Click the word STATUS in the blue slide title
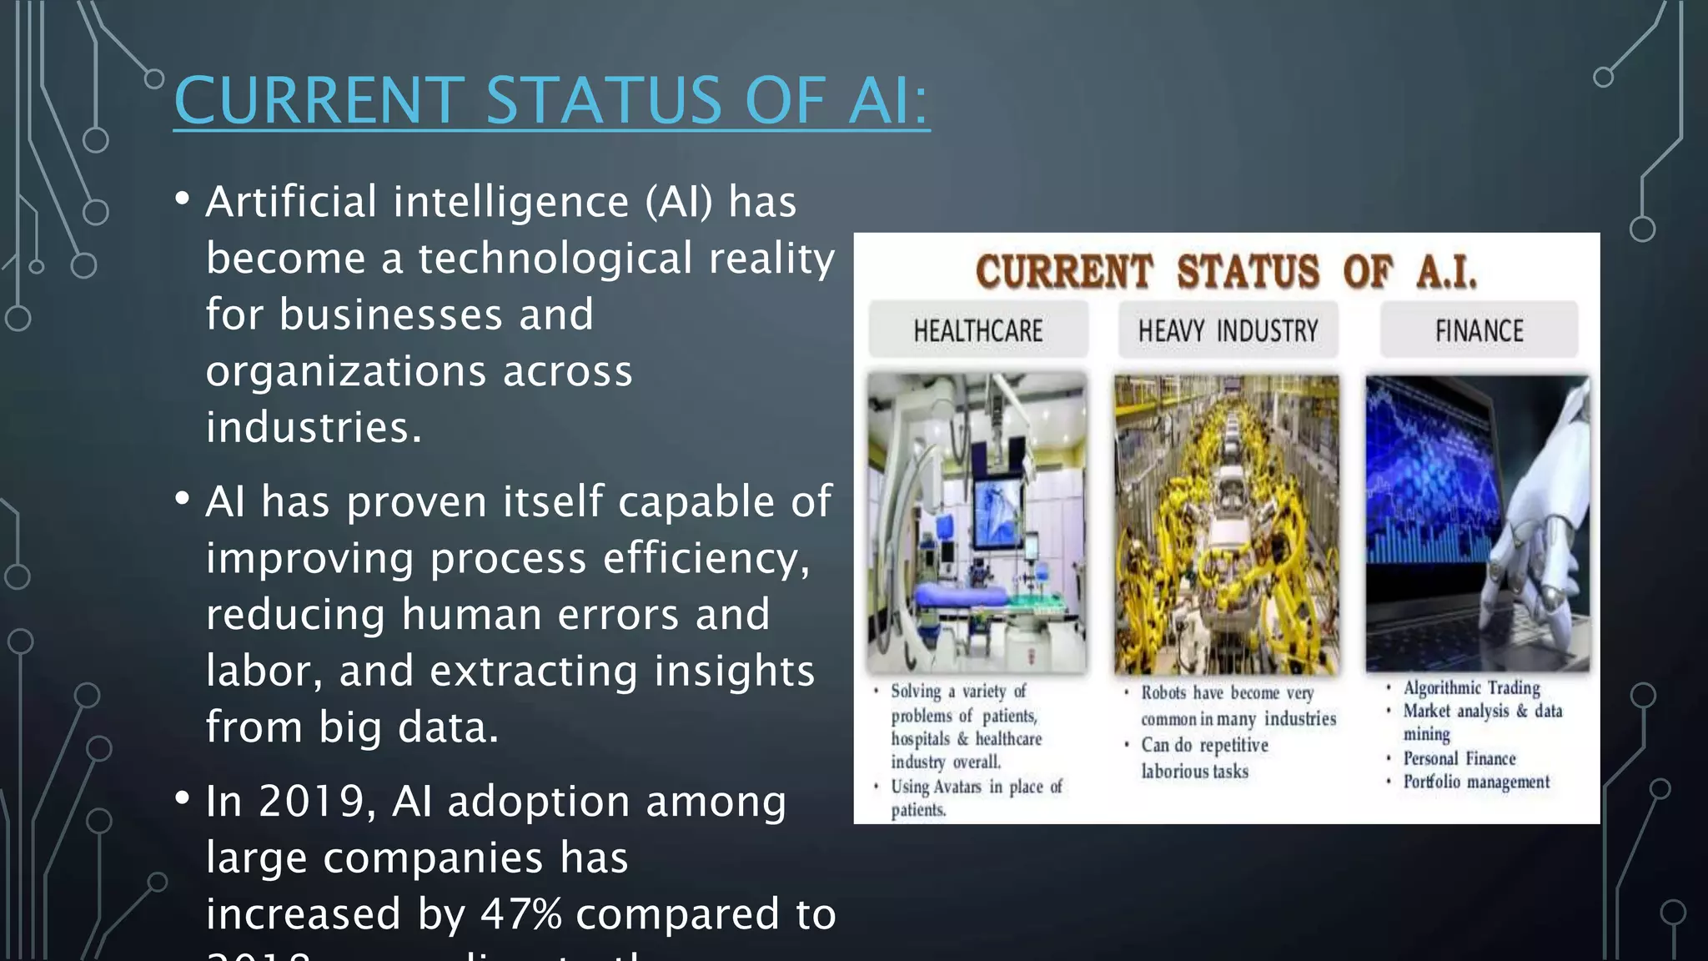click(603, 101)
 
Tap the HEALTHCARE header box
click(977, 331)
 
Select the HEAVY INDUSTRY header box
click(1228, 331)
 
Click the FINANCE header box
click(1479, 331)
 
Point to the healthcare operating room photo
click(977, 523)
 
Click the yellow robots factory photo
click(1227, 525)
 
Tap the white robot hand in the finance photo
click(1535, 534)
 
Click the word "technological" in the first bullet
click(555, 259)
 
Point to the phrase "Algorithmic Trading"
click(1471, 688)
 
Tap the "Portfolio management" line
click(1475, 782)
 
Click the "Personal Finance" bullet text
click(1459, 759)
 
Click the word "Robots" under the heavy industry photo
click(1163, 693)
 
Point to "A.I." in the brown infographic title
click(1446, 272)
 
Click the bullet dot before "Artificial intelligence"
click(183, 199)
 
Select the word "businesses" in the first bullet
click(391, 315)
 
